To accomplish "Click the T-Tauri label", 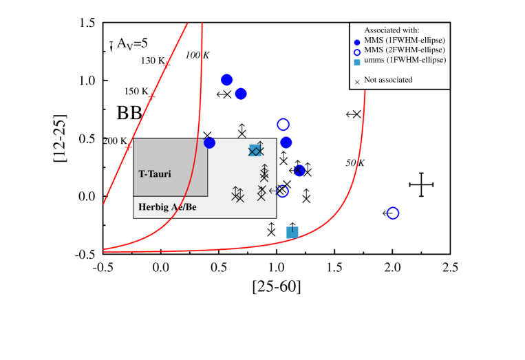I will point(155,174).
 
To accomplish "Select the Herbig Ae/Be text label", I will point(167,207).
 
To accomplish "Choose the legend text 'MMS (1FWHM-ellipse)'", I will point(405,40).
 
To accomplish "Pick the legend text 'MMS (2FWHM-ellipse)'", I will point(405,50).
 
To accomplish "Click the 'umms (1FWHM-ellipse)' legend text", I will point(405,60).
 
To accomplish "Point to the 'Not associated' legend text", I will point(388,80).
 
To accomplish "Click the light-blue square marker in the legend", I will point(357,62).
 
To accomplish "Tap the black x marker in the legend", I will point(357,82).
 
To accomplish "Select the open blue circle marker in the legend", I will point(357,52).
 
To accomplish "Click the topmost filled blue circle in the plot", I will point(226,80).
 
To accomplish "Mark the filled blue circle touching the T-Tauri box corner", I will point(209,142).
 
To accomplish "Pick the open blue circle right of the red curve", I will point(392,213).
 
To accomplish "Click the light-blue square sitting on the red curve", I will point(292,233).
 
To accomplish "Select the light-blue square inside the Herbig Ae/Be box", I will point(255,151).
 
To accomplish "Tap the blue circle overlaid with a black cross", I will point(299,171).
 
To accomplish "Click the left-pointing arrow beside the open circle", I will point(272,191).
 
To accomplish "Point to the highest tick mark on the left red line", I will point(167,65).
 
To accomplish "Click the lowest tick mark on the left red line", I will point(128,147).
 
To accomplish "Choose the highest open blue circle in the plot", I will point(283,125).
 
